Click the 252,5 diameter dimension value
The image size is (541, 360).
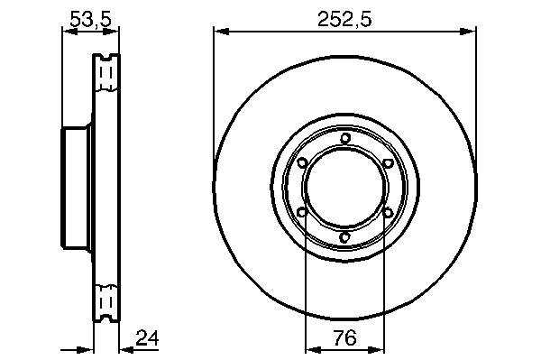point(344,19)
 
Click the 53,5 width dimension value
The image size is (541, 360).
point(91,19)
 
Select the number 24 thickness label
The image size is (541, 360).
point(147,338)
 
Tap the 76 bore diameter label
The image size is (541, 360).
point(345,338)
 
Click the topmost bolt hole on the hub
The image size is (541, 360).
point(344,139)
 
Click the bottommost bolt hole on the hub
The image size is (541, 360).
point(344,237)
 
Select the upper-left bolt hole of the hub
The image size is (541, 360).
point(302,162)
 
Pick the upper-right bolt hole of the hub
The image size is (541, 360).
point(388,162)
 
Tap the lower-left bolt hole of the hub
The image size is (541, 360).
point(302,212)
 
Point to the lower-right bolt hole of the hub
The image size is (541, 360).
point(388,212)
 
